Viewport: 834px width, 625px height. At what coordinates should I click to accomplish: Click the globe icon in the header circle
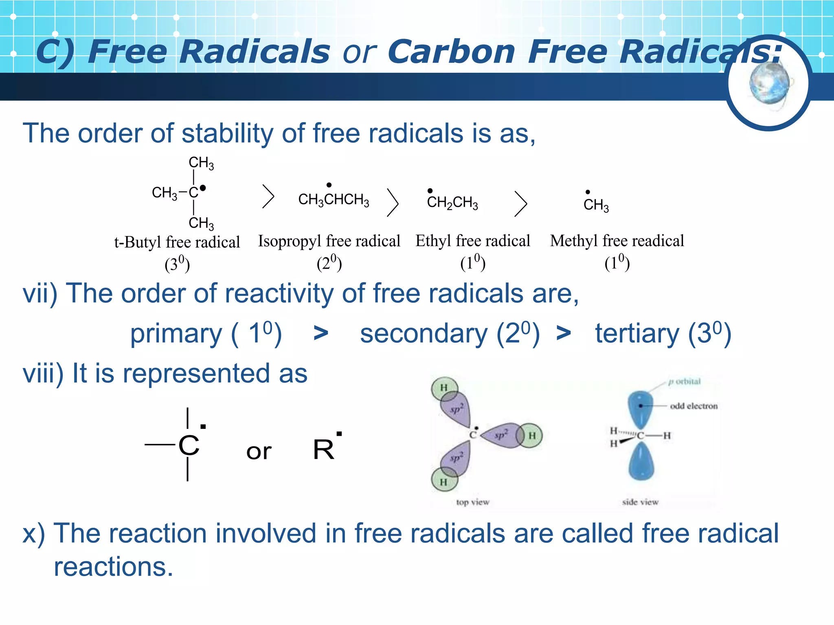[x=769, y=83]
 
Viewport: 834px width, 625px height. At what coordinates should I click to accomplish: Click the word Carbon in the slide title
[x=451, y=52]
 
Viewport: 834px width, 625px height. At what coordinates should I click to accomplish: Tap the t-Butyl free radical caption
[x=177, y=242]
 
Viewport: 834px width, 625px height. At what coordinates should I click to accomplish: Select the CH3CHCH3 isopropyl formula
[x=334, y=199]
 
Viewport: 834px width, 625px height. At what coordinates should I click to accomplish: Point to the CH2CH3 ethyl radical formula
[x=452, y=202]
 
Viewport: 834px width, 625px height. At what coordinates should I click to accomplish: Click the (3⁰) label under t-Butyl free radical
[x=177, y=264]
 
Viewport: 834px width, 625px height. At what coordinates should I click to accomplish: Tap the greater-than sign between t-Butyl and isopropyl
[x=268, y=197]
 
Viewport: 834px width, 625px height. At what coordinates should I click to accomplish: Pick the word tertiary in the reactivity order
[x=637, y=334]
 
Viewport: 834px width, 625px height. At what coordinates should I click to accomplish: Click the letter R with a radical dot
[x=324, y=450]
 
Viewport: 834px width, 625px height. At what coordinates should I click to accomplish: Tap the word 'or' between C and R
[x=259, y=452]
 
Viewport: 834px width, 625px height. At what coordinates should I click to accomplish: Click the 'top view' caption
[x=472, y=502]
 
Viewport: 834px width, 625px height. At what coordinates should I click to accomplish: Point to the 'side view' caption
[x=640, y=502]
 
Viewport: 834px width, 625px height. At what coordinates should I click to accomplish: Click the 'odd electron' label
[x=694, y=406]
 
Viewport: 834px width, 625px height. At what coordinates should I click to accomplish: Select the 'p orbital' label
[x=685, y=382]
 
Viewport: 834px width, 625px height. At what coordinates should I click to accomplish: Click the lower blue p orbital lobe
[x=641, y=462]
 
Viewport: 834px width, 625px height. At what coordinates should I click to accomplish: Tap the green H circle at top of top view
[x=444, y=388]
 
